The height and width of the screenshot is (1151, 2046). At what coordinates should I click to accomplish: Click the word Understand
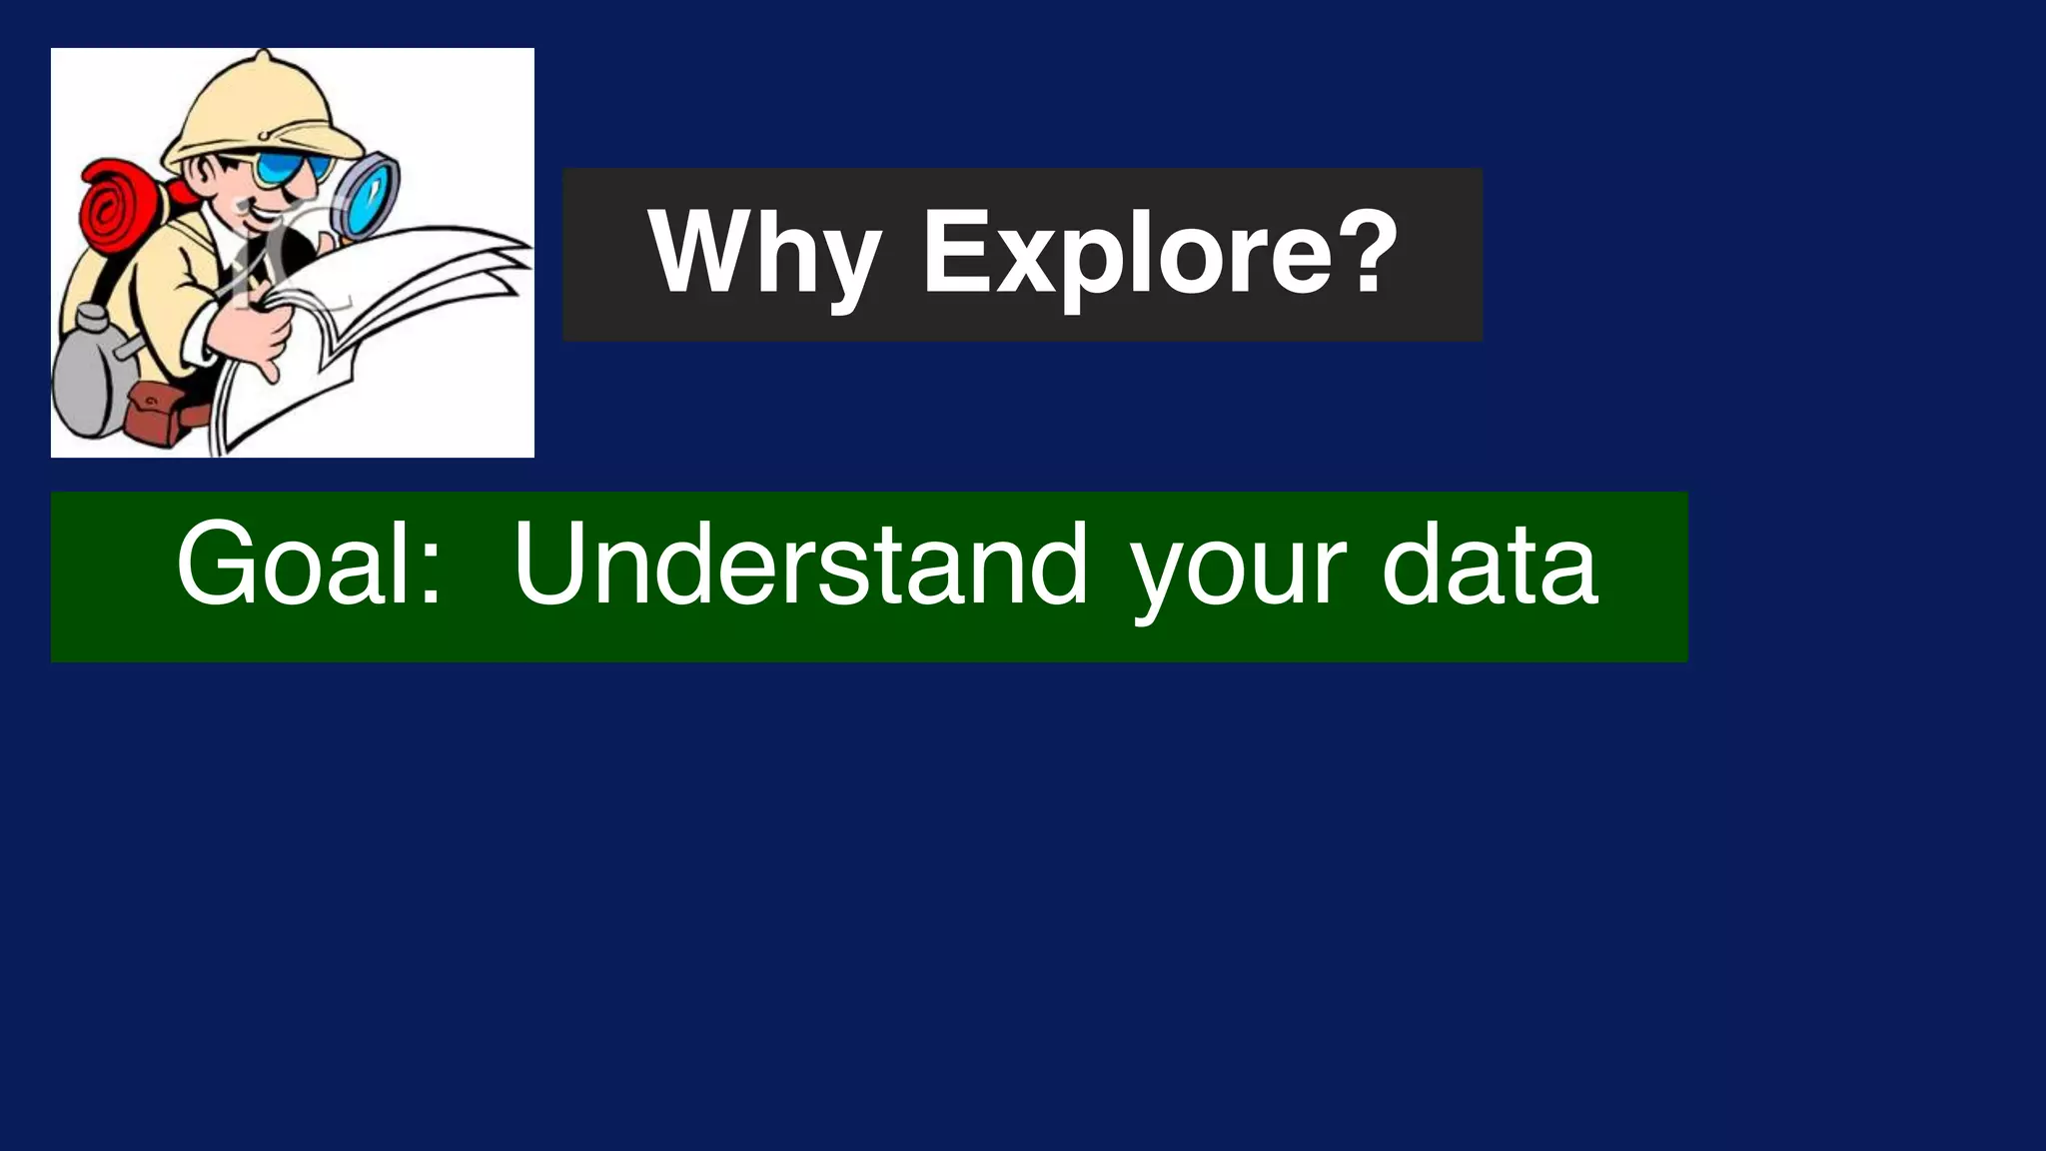pos(800,566)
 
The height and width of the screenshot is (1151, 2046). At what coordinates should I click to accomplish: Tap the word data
pos(1489,566)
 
